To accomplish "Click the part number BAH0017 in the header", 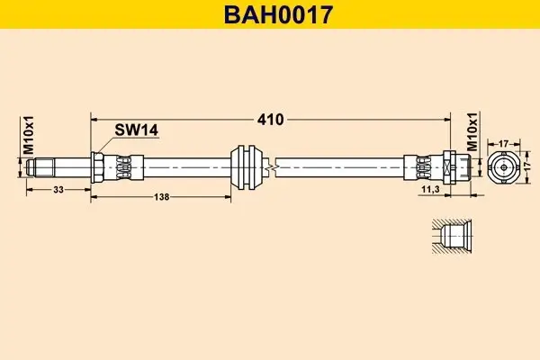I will click(269, 14).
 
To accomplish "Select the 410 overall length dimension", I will click(270, 118).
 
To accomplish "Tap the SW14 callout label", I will click(136, 130).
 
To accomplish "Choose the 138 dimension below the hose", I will click(163, 196).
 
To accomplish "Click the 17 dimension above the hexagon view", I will click(503, 142).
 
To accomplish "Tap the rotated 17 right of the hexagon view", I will click(528, 167).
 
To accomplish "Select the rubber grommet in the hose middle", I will click(247, 166).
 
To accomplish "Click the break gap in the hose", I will click(274, 166).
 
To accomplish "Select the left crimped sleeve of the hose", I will click(121, 166).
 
